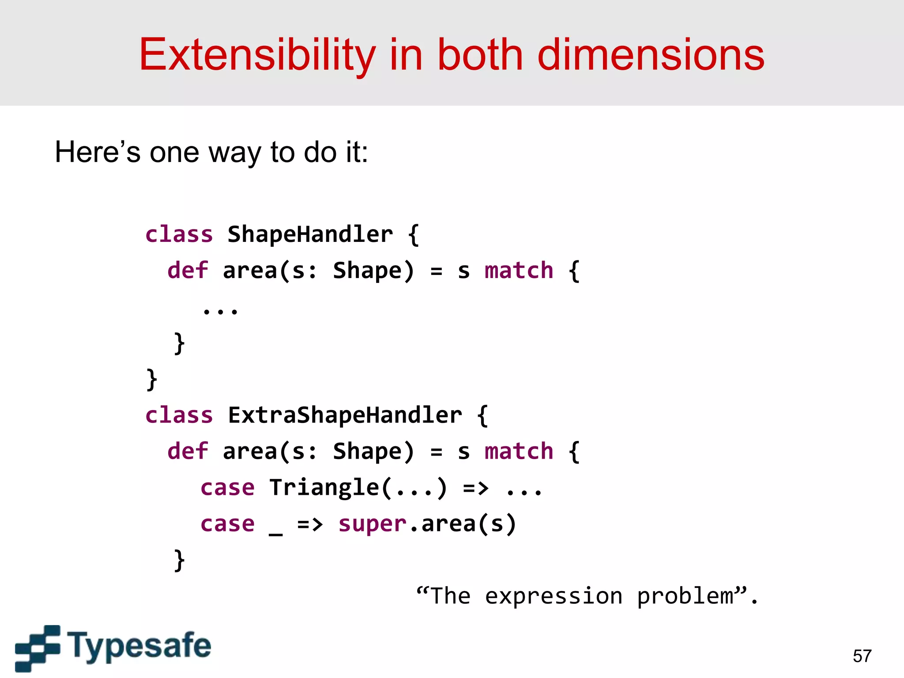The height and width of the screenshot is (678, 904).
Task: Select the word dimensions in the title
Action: coord(651,55)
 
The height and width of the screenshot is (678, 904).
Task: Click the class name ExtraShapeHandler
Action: coord(345,415)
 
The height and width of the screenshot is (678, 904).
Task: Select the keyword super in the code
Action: coord(372,524)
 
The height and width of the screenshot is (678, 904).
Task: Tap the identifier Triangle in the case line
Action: coord(324,488)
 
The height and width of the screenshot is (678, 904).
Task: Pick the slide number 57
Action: coord(862,656)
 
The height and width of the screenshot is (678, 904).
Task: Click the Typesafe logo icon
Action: coord(38,648)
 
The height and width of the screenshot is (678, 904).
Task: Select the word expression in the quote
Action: coord(554,596)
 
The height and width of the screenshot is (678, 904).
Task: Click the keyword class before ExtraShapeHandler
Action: coord(179,415)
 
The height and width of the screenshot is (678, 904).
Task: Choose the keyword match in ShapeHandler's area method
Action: coord(519,270)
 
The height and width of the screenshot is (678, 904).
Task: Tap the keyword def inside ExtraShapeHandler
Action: coord(187,451)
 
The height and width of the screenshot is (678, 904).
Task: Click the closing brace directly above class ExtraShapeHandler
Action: coord(151,380)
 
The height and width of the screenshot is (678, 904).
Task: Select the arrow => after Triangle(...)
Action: coord(475,488)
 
